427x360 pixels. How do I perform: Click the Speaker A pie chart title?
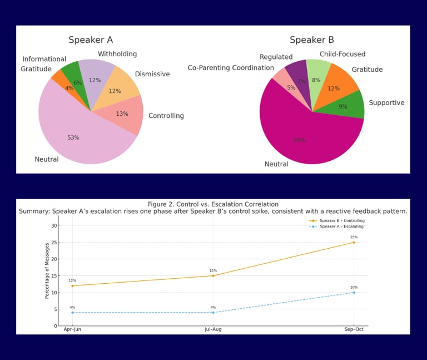[91, 40]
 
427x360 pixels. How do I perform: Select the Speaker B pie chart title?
[311, 40]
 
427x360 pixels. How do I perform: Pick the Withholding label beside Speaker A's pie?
[117, 54]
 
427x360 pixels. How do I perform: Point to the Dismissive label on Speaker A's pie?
[152, 74]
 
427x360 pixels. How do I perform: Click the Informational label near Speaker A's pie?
[44, 59]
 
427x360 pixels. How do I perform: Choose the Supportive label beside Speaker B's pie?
[386, 103]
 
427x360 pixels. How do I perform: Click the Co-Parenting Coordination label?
[231, 68]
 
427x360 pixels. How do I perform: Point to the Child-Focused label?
[342, 54]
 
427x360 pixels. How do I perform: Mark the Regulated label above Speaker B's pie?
[276, 57]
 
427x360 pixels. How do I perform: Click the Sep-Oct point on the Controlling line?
[354, 242]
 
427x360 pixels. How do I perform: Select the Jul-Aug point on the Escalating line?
[213, 312]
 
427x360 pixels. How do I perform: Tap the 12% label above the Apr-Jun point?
[72, 280]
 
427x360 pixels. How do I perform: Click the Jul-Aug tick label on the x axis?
[213, 329]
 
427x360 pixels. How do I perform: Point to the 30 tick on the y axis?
[54, 225]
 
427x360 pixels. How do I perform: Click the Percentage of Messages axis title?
[48, 270]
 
